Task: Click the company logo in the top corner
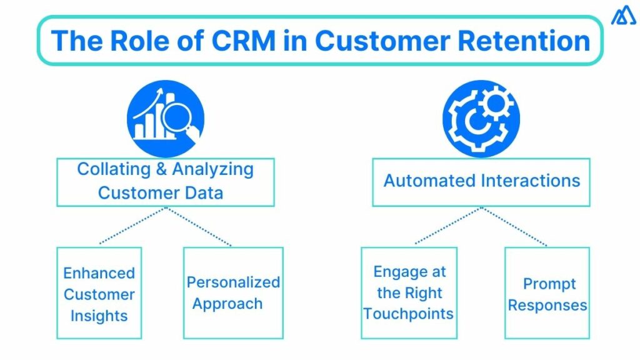(x=623, y=16)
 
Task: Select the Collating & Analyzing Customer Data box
(x=166, y=182)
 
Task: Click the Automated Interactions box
(x=481, y=182)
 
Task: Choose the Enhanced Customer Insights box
(x=99, y=293)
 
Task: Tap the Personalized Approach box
(x=232, y=293)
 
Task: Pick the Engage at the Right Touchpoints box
(x=409, y=293)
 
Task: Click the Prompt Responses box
(x=547, y=293)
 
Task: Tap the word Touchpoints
(x=409, y=314)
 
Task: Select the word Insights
(x=99, y=316)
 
